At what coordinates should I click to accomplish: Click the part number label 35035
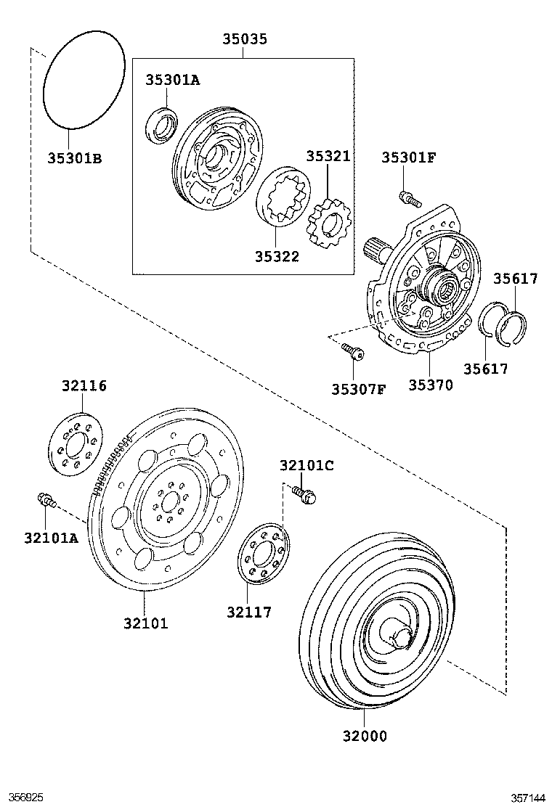243,39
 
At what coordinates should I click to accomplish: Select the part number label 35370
430,385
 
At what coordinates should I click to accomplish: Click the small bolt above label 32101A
46,499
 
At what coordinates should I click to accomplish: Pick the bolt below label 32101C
305,495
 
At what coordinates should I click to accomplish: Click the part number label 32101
145,623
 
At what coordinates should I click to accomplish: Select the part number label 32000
365,736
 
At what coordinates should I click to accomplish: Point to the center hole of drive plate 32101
169,501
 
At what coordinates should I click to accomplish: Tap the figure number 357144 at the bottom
529,797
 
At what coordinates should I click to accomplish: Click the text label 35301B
75,158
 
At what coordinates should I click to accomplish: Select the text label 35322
277,256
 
